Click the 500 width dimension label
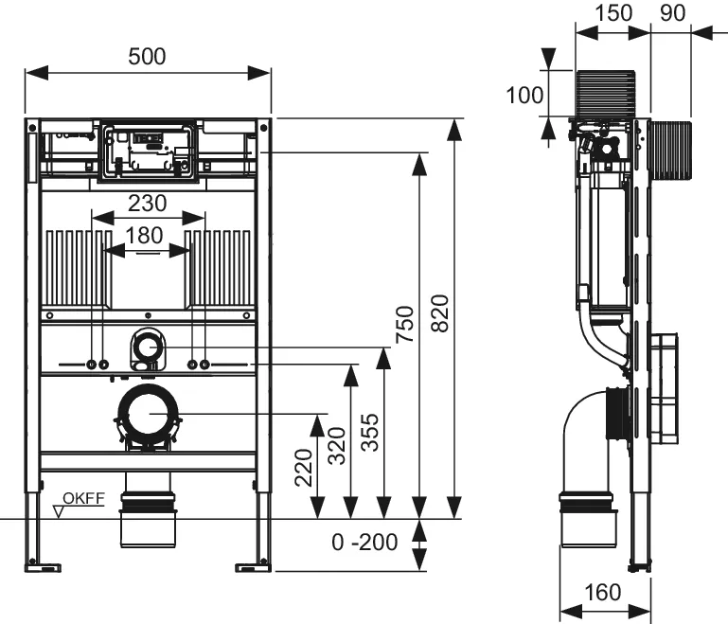[x=147, y=56]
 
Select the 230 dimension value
[x=147, y=203]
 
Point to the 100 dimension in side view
[x=524, y=95]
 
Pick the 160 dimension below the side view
[x=602, y=593]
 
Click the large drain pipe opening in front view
[x=147, y=414]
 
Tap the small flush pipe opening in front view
[x=146, y=349]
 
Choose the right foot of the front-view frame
[x=253, y=565]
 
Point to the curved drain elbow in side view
[x=579, y=431]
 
